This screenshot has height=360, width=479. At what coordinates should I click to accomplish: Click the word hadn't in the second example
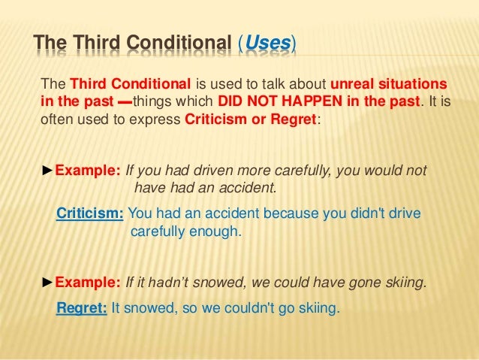point(165,283)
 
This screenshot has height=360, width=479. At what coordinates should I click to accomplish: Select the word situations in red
point(417,82)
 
